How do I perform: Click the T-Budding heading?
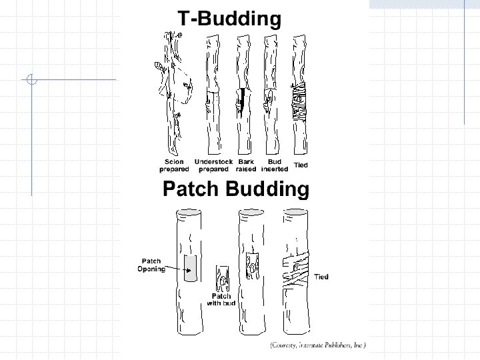229,19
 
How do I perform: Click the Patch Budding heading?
236,190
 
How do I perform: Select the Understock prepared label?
213,165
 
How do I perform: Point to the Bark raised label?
246,165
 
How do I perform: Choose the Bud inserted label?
274,165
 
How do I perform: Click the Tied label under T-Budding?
301,163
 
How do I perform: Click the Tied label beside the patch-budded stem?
321,277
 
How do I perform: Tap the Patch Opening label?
151,265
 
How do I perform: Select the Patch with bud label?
221,299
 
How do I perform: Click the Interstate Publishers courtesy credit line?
317,345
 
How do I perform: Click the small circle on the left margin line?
31,81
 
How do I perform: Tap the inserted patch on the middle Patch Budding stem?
253,265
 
